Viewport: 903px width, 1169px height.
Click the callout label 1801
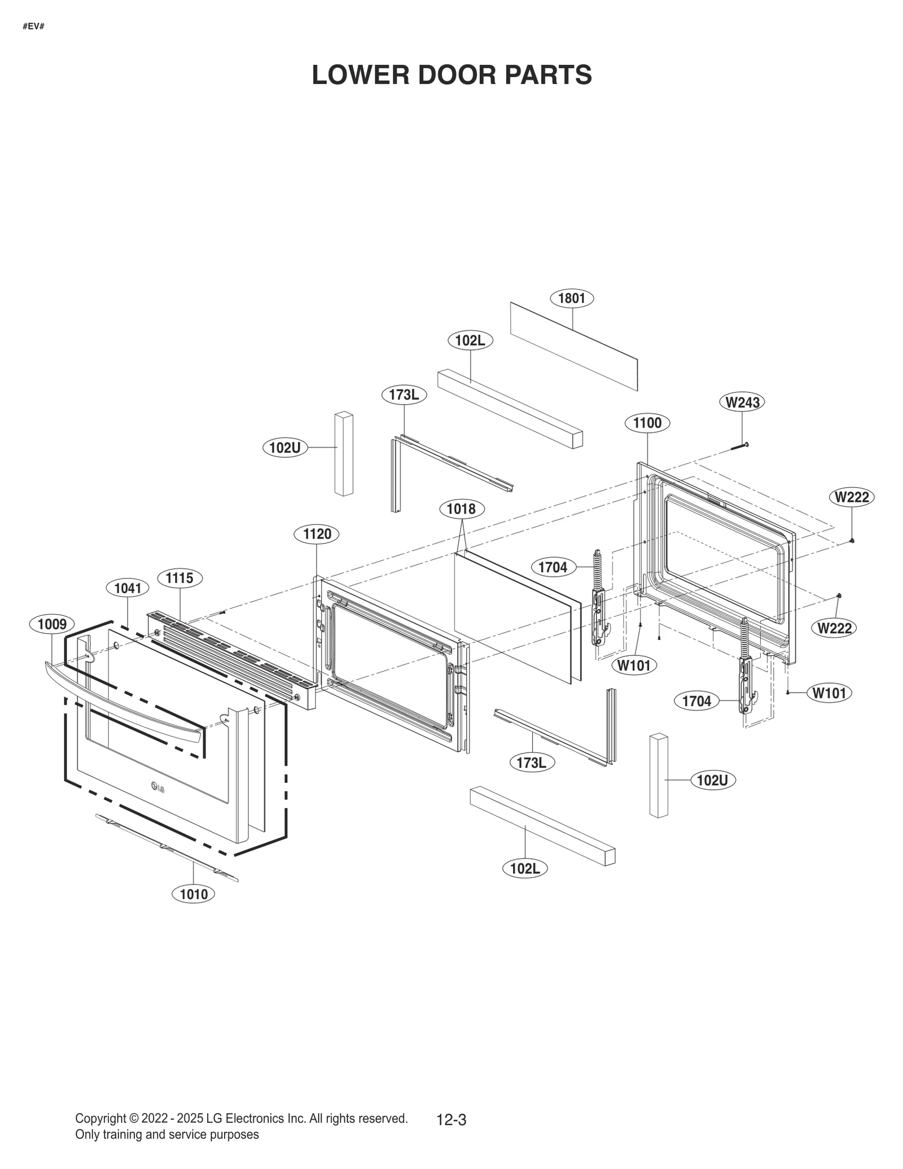coord(571,298)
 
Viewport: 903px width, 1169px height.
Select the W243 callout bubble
coord(742,402)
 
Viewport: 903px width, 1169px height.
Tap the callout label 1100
coord(647,423)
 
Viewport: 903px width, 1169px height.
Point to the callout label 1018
coord(461,509)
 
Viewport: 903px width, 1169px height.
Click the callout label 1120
coord(317,534)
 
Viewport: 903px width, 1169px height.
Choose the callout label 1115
coord(179,578)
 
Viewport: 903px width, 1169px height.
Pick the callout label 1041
coord(128,588)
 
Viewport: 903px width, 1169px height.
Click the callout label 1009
coord(52,624)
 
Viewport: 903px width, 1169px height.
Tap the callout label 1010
coord(194,894)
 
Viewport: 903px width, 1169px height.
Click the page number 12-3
coord(451,1119)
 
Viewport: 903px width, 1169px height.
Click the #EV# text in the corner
coord(33,27)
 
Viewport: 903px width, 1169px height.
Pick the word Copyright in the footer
coord(100,1118)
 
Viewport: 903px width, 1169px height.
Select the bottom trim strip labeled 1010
coord(167,847)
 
